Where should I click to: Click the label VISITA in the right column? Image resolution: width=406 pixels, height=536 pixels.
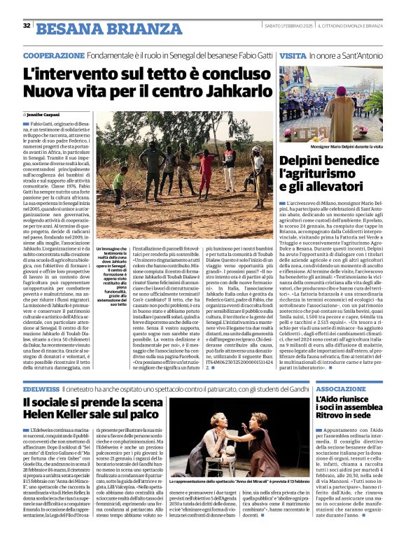(293, 55)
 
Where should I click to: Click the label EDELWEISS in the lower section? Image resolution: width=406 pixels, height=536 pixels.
(41, 388)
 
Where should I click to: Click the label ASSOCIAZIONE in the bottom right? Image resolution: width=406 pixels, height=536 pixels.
(340, 388)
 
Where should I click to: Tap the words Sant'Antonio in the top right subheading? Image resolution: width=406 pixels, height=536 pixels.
(361, 55)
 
